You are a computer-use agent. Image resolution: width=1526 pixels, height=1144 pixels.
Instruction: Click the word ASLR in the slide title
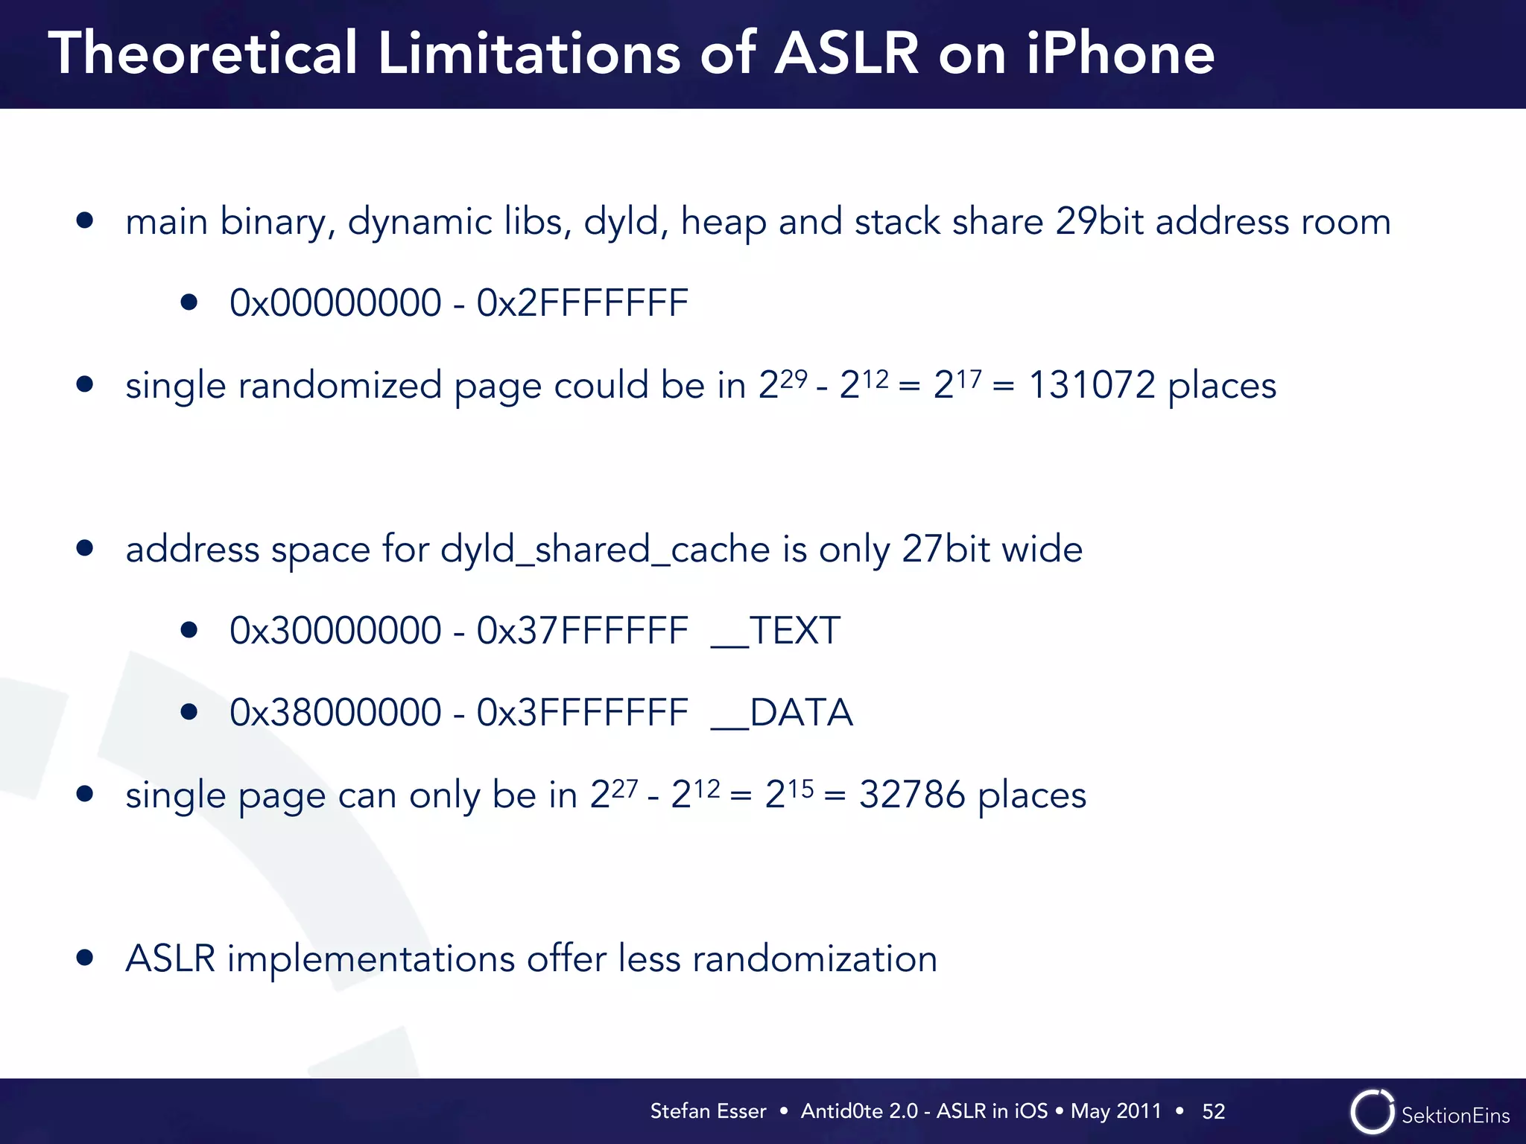click(x=847, y=54)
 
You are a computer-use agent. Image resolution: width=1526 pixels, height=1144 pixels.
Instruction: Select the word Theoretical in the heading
click(x=203, y=54)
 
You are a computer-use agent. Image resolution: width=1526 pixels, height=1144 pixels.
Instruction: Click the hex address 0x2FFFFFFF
click(x=582, y=302)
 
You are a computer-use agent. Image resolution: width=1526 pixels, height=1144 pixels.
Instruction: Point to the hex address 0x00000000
click(x=335, y=302)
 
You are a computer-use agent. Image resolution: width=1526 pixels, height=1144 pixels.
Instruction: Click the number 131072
click(x=1092, y=386)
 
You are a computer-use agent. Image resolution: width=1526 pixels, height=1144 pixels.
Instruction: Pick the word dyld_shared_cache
click(x=605, y=550)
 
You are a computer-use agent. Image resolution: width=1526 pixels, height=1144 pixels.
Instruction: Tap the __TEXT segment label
click(x=776, y=631)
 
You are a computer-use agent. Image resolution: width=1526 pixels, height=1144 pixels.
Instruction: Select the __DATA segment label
click(x=782, y=713)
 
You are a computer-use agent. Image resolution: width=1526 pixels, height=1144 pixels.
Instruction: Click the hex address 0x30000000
click(x=335, y=631)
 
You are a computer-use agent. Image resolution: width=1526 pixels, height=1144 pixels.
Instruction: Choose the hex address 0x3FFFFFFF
click(x=582, y=713)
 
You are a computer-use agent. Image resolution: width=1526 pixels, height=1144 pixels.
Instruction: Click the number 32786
click(x=912, y=795)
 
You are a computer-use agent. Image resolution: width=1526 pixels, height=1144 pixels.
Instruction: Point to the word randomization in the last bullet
click(x=814, y=959)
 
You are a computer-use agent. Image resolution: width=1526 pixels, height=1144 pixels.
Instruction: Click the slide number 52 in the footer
click(x=1213, y=1111)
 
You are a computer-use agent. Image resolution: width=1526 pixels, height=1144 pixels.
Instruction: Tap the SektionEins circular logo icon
click(x=1372, y=1112)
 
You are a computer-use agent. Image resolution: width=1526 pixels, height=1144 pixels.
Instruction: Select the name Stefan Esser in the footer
click(x=708, y=1111)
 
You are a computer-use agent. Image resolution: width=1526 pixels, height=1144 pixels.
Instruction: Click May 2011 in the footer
click(x=1115, y=1111)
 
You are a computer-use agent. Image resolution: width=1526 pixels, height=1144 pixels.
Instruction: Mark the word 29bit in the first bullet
click(x=1099, y=222)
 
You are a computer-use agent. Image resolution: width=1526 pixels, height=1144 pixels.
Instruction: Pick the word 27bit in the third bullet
click(x=945, y=550)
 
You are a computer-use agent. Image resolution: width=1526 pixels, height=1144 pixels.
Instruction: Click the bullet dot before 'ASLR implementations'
click(x=85, y=958)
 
